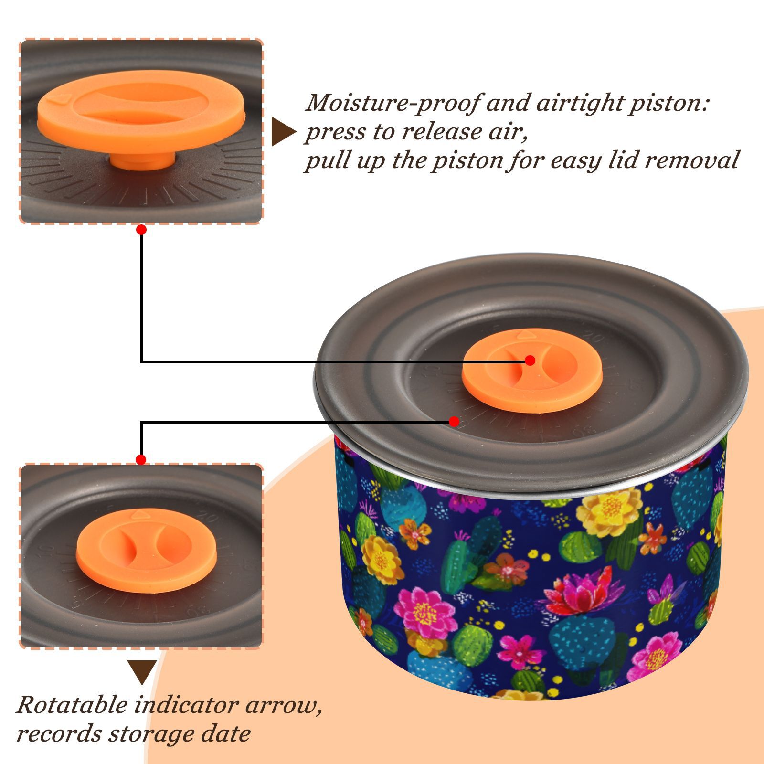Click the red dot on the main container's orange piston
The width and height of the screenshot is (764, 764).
click(x=530, y=361)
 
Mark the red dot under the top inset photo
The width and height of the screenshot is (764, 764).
click(x=141, y=230)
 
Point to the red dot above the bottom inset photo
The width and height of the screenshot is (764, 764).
click(x=141, y=460)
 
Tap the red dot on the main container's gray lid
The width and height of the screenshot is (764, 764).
click(x=454, y=422)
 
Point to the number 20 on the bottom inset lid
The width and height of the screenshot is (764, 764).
click(x=209, y=517)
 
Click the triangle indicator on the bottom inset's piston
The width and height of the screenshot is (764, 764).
click(x=140, y=514)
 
